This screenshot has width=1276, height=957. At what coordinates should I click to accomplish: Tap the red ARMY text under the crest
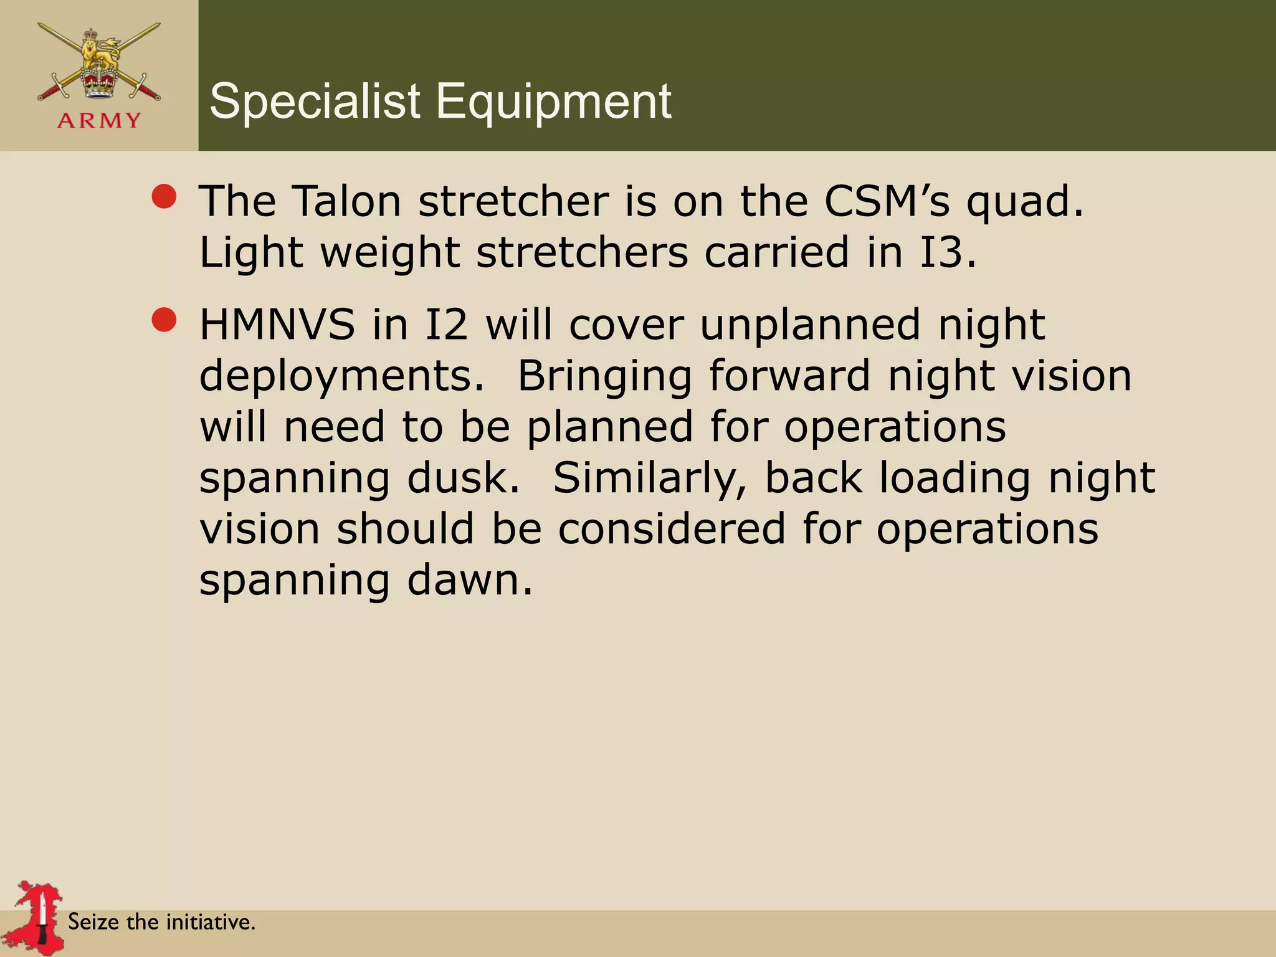(100, 120)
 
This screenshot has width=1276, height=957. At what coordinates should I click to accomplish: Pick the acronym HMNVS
(277, 325)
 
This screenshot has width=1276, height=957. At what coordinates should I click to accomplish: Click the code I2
(445, 325)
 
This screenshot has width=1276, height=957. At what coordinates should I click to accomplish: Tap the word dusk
(463, 478)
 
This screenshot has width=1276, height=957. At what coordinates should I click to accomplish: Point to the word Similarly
(649, 479)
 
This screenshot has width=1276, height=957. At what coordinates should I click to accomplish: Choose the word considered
(671, 529)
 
